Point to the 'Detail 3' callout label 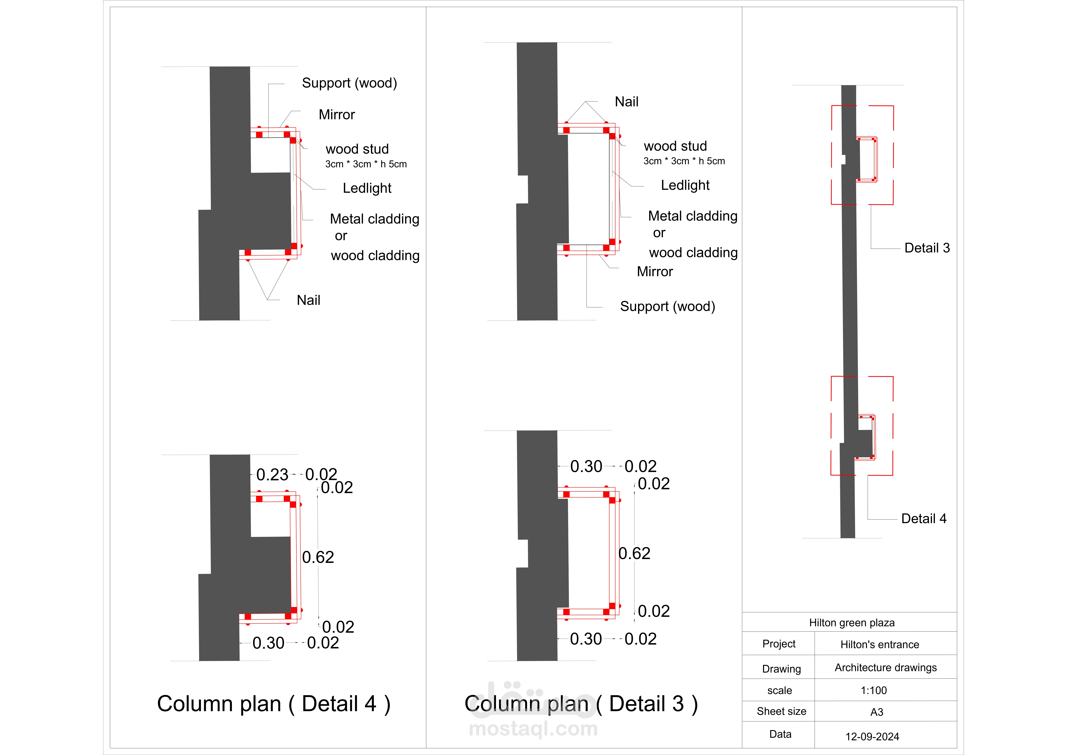click(x=927, y=248)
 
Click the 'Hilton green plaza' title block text click(x=851, y=622)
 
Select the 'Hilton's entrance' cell click(x=879, y=644)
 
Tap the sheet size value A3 click(x=876, y=712)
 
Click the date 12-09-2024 click(x=872, y=736)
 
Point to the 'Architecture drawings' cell click(x=885, y=668)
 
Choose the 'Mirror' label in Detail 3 click(x=654, y=271)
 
